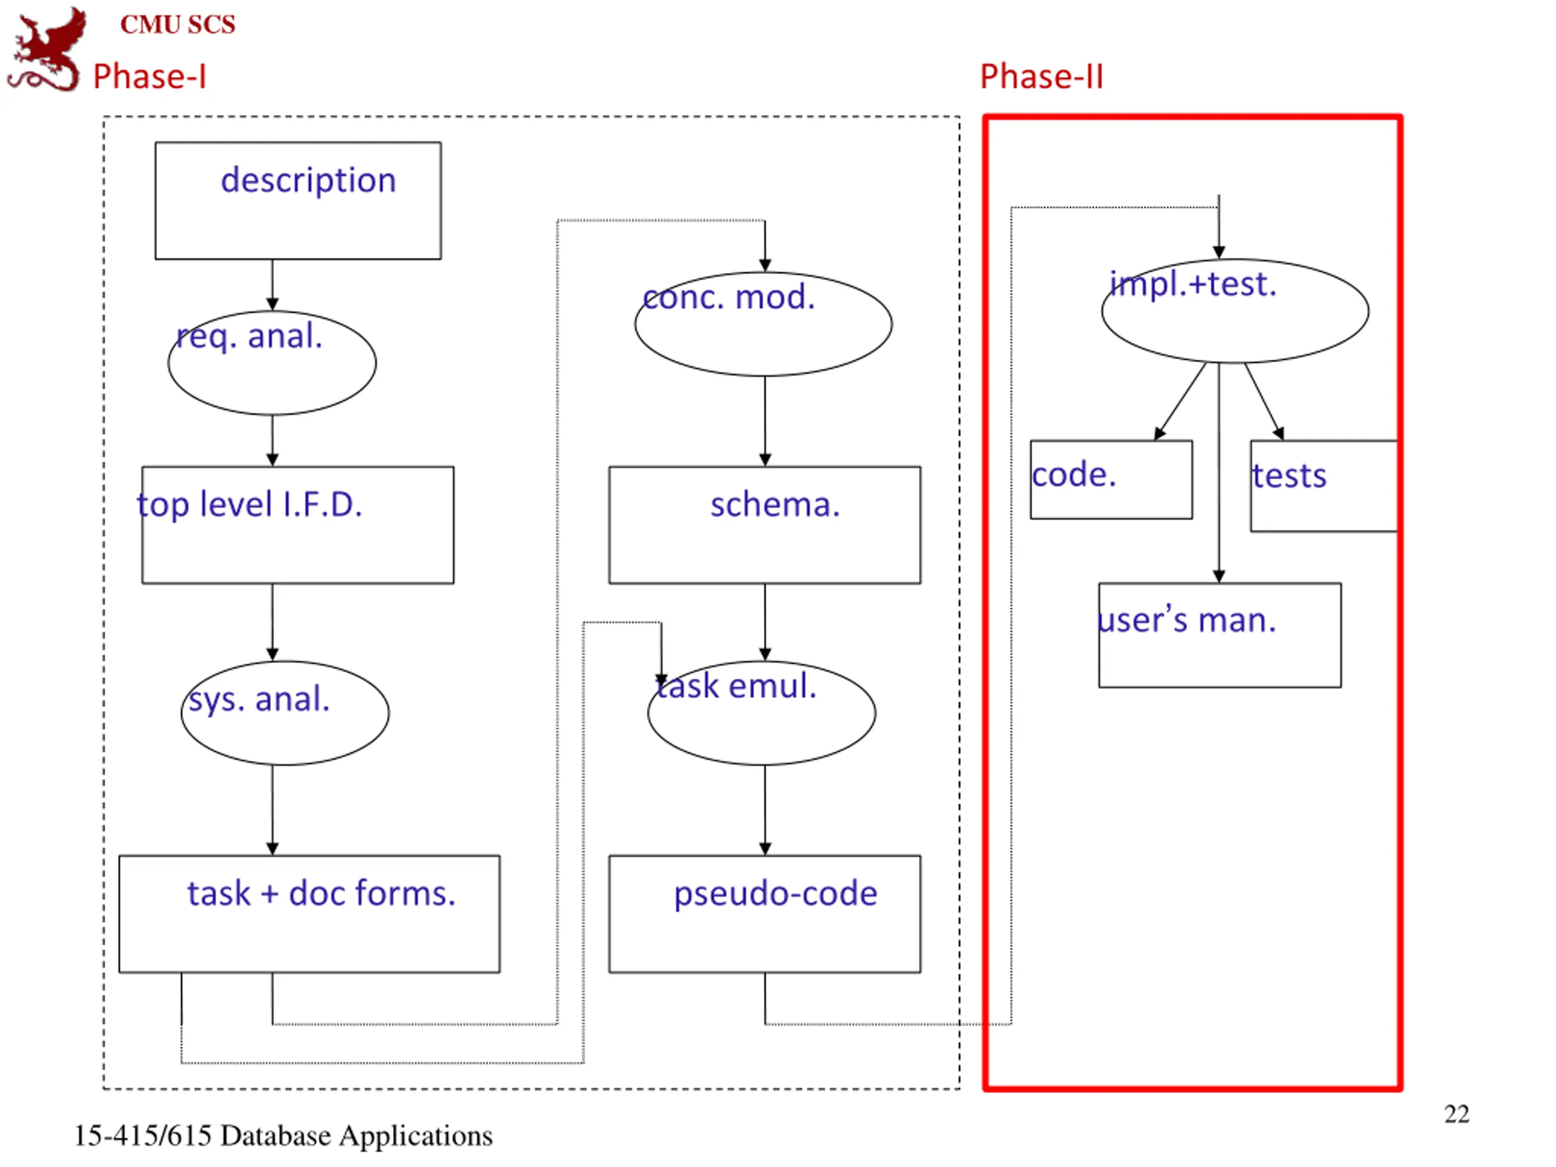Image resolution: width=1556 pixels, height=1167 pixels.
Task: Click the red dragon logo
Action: (x=46, y=49)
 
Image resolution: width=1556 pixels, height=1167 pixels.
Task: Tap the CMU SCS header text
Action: (x=178, y=25)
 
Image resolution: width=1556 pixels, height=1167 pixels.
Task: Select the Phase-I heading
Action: (x=150, y=76)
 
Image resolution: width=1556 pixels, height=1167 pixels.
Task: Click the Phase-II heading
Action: (x=1042, y=76)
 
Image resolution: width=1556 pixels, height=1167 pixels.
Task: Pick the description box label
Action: (x=308, y=181)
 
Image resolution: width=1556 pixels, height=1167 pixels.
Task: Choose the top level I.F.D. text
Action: (x=250, y=504)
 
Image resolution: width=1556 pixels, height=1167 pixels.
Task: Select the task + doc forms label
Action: (x=322, y=893)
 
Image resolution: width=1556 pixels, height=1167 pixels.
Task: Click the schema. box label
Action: (x=775, y=504)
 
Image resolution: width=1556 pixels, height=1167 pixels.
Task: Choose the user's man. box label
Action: (x=1186, y=620)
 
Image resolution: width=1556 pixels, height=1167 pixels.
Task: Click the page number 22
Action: (x=1457, y=1114)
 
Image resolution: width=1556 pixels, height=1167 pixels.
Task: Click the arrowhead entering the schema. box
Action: (x=765, y=460)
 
